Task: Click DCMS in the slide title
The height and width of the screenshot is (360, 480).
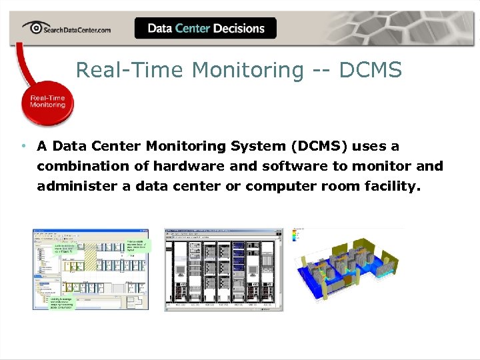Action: tap(371, 69)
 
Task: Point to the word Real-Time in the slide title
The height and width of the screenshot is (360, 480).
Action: tap(114, 69)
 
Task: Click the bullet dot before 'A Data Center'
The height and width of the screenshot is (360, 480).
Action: tap(23, 146)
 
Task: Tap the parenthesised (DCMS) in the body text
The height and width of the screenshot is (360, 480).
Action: tap(319, 146)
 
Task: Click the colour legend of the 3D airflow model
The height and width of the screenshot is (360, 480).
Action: tap(299, 237)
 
